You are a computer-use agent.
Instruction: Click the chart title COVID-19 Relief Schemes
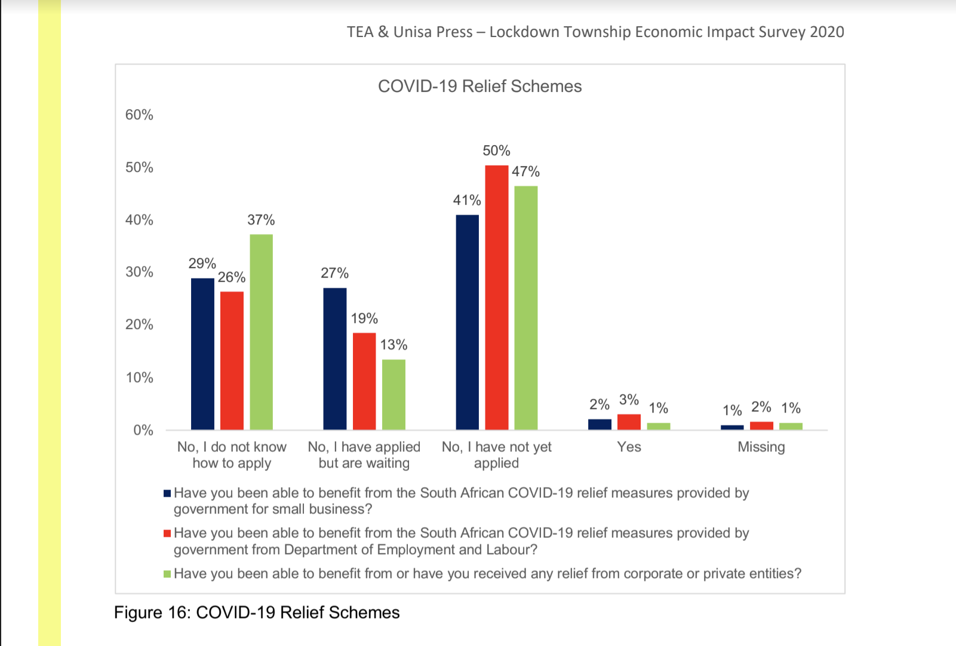pyautogui.click(x=479, y=87)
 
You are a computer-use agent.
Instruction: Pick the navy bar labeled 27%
pyautogui.click(x=334, y=359)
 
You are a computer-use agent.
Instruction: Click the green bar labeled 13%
pyautogui.click(x=394, y=395)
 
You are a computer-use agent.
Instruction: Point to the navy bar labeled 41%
pyautogui.click(x=467, y=322)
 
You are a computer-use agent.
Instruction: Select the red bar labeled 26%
pyautogui.click(x=232, y=361)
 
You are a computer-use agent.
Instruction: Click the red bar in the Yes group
pyautogui.click(x=629, y=422)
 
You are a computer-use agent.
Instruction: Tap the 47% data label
pyautogui.click(x=525, y=172)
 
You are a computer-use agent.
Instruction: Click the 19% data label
pyautogui.click(x=364, y=319)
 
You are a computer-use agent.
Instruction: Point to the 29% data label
pyautogui.click(x=202, y=264)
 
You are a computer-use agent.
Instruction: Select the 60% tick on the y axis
pyautogui.click(x=139, y=115)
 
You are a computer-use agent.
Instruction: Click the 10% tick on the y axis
pyautogui.click(x=139, y=378)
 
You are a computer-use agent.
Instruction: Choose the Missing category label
pyautogui.click(x=761, y=447)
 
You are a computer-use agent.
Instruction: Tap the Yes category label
pyautogui.click(x=629, y=447)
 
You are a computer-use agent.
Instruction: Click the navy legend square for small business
pyautogui.click(x=167, y=494)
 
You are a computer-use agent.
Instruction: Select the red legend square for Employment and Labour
pyautogui.click(x=167, y=534)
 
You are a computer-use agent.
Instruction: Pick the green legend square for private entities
pyautogui.click(x=167, y=574)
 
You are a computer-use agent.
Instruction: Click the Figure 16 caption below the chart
pyautogui.click(x=257, y=613)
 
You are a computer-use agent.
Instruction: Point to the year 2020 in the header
pyautogui.click(x=826, y=32)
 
